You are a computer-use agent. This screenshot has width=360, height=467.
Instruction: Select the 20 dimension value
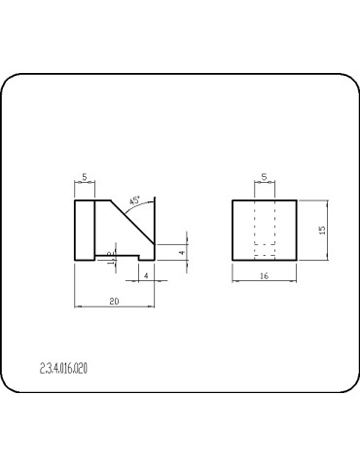(x=114, y=303)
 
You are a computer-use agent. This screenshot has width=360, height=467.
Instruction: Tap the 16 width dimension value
(x=264, y=277)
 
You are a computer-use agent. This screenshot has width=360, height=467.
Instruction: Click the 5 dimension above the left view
(x=85, y=177)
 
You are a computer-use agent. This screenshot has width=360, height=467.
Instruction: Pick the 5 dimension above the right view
(x=264, y=177)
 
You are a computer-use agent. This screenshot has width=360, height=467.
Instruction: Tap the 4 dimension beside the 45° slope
(x=181, y=252)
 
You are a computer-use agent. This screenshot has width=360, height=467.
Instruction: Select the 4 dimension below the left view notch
(x=145, y=276)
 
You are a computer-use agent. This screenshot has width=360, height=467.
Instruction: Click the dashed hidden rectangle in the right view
(x=264, y=230)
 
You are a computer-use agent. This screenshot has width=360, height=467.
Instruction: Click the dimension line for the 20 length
(x=114, y=308)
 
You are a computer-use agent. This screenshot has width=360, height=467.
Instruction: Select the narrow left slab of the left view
(x=85, y=230)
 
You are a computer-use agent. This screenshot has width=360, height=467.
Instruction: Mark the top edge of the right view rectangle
(x=264, y=200)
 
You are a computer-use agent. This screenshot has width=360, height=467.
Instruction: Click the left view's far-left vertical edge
(x=76, y=230)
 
